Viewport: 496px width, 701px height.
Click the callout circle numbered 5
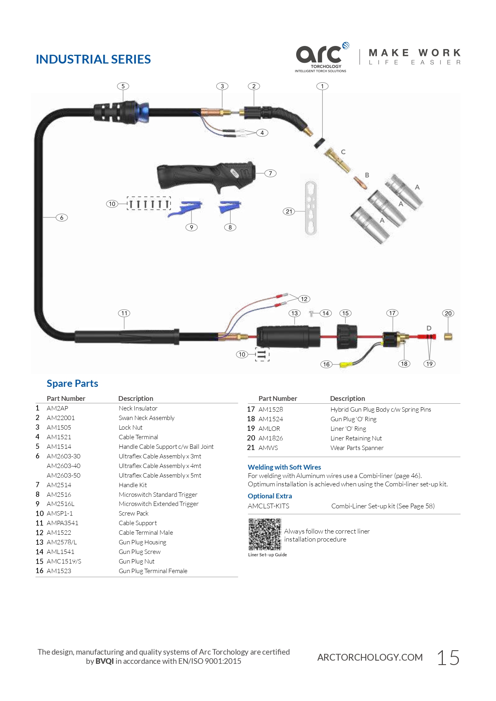click(123, 86)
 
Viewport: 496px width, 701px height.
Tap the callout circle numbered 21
click(289, 211)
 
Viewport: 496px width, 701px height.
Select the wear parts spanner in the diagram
click(311, 208)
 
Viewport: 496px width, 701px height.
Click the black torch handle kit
click(206, 176)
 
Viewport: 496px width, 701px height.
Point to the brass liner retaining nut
click(448, 337)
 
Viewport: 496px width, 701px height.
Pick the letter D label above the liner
click(429, 328)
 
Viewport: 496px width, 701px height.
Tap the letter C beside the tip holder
click(343, 152)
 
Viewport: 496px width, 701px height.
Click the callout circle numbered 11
click(124, 313)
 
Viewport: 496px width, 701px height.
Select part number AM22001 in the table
click(61, 418)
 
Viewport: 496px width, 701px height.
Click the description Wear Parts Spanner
click(357, 448)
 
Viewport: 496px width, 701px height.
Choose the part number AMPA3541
click(62, 523)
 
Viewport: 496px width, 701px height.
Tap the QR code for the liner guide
click(265, 534)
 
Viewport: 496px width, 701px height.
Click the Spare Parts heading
click(72, 383)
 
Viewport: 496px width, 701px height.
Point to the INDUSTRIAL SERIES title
click(93, 59)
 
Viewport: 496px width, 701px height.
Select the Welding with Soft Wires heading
click(284, 467)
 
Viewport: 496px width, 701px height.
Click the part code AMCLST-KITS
click(269, 506)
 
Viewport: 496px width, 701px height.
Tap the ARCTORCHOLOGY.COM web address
click(370, 657)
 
